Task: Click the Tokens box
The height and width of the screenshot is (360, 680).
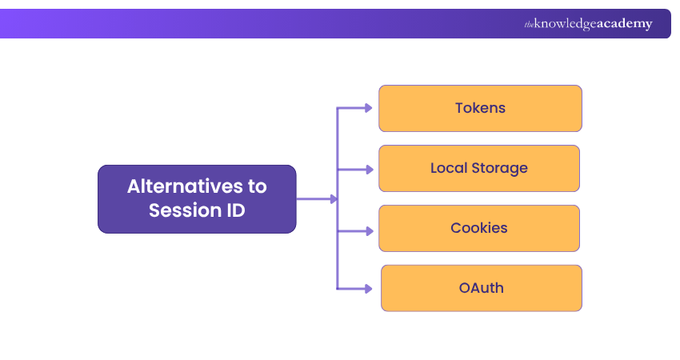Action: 480,108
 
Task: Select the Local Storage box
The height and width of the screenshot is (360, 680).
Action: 478,168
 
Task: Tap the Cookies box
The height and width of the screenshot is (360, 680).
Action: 478,228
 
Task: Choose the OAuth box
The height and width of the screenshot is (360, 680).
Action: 481,288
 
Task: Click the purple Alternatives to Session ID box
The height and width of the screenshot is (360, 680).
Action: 197,199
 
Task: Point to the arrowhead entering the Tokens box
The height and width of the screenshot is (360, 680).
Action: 368,108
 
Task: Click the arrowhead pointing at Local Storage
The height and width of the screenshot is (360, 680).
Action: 368,170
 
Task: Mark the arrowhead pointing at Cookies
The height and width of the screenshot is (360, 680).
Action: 368,230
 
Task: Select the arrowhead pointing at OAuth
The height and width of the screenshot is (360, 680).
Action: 368,288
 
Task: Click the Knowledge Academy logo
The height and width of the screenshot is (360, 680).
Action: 588,24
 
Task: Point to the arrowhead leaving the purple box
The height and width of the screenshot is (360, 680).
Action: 333,199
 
